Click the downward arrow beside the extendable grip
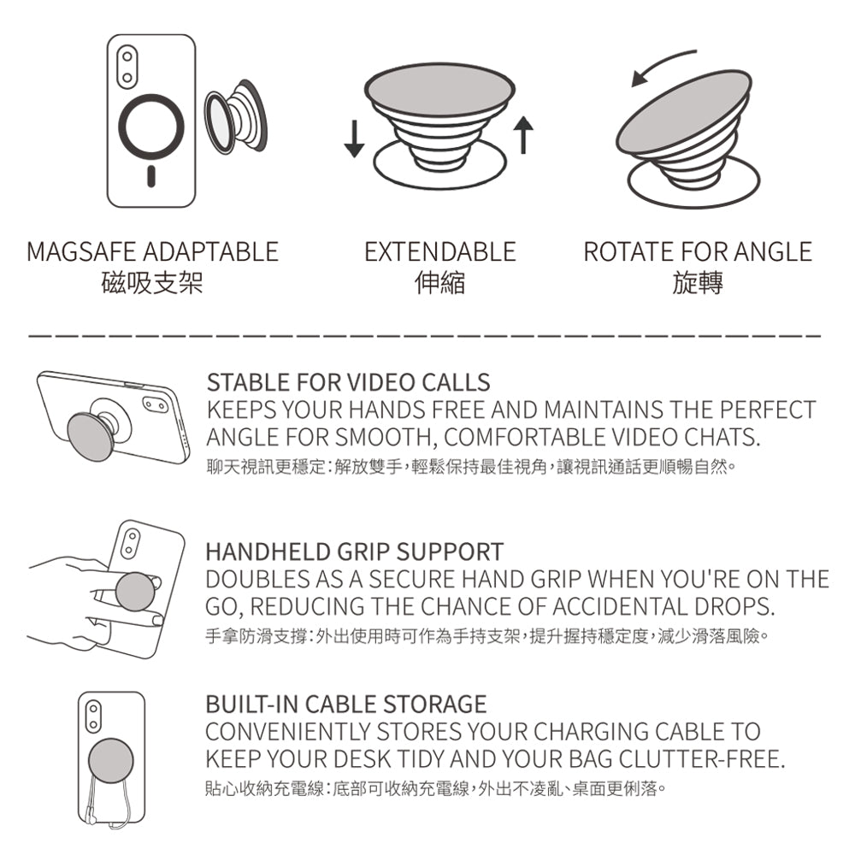point(355,139)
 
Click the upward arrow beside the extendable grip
point(523,134)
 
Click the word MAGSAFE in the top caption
point(80,252)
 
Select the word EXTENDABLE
point(440,252)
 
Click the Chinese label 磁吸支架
point(152,282)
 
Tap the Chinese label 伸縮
point(440,282)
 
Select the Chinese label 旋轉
point(698,282)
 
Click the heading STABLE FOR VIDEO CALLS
point(349,383)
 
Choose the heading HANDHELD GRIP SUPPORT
point(355,551)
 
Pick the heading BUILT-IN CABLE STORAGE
point(345,704)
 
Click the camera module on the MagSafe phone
point(127,67)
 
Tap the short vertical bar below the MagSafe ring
point(151,176)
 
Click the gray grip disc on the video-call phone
point(91,437)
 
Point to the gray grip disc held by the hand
point(135,593)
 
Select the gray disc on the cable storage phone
point(110,761)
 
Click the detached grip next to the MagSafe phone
point(236,116)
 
